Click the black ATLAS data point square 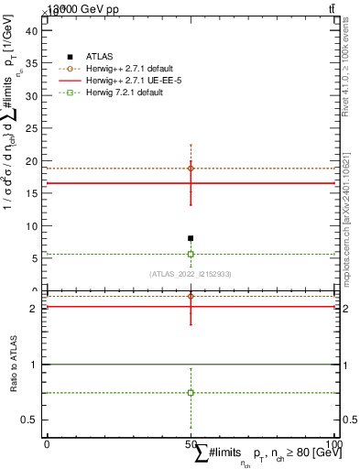coord(191,238)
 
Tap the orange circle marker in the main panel coord(191,169)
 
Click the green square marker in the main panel coord(191,254)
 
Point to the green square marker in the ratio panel coord(191,392)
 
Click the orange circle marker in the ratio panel coord(191,296)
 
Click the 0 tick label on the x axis coord(46,444)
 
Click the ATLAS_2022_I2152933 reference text coord(191,274)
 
